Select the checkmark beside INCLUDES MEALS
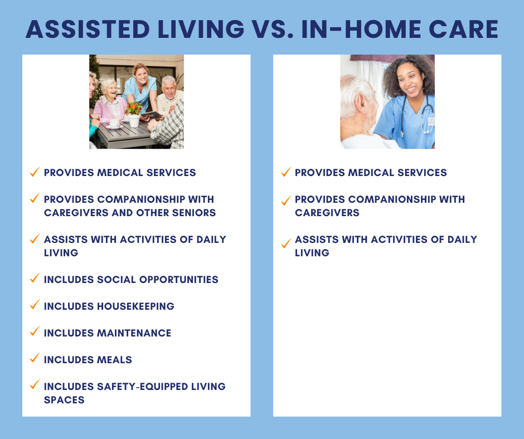click(35, 358)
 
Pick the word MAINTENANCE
click(134, 333)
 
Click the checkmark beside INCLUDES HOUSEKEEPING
click(35, 305)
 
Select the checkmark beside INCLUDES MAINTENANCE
click(35, 331)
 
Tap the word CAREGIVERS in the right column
click(327, 213)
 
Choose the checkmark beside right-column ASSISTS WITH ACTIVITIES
click(286, 243)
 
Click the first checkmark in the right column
click(286, 172)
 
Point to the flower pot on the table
click(134, 120)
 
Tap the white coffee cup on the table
click(114, 123)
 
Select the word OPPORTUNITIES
click(181, 280)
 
